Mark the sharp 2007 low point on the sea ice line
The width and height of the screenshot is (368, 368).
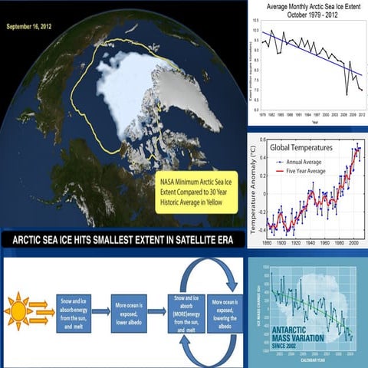point(347,94)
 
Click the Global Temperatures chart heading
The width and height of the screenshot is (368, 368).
point(304,146)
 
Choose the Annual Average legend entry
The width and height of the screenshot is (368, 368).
point(307,161)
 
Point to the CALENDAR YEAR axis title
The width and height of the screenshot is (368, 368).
point(309,363)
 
